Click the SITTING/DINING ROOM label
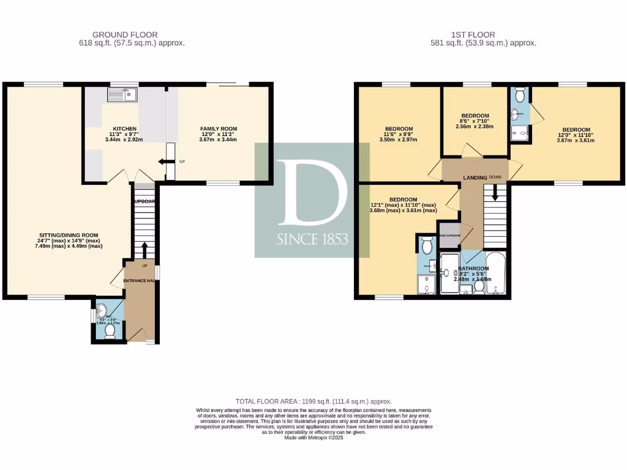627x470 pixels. pyautogui.click(x=69, y=235)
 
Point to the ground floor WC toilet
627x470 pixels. pyautogui.click(x=110, y=331)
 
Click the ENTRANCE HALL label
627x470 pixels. pyautogui.click(x=139, y=280)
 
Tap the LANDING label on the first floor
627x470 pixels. pyautogui.click(x=475, y=177)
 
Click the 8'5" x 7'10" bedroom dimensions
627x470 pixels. pyautogui.click(x=475, y=122)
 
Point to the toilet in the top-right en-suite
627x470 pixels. pyautogui.click(x=520, y=95)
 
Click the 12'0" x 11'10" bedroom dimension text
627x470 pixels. pyautogui.click(x=576, y=136)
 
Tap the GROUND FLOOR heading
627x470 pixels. pyautogui.click(x=125, y=35)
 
